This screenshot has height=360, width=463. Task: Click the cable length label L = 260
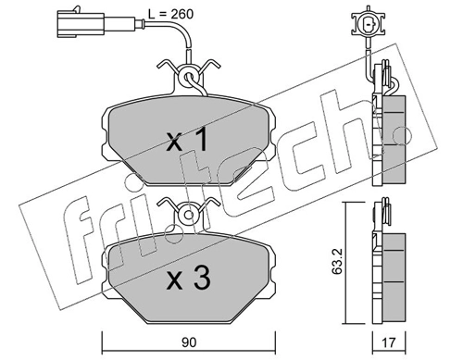point(170,14)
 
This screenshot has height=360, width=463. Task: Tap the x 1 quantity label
point(187,140)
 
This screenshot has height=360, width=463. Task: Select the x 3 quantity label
point(189,279)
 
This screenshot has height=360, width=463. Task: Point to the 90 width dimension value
point(189,342)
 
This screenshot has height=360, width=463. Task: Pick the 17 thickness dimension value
point(389,342)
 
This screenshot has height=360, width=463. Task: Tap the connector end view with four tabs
point(368,24)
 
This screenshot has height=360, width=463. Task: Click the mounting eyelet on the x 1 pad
point(189,77)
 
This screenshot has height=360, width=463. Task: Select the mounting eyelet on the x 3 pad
point(189,215)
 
